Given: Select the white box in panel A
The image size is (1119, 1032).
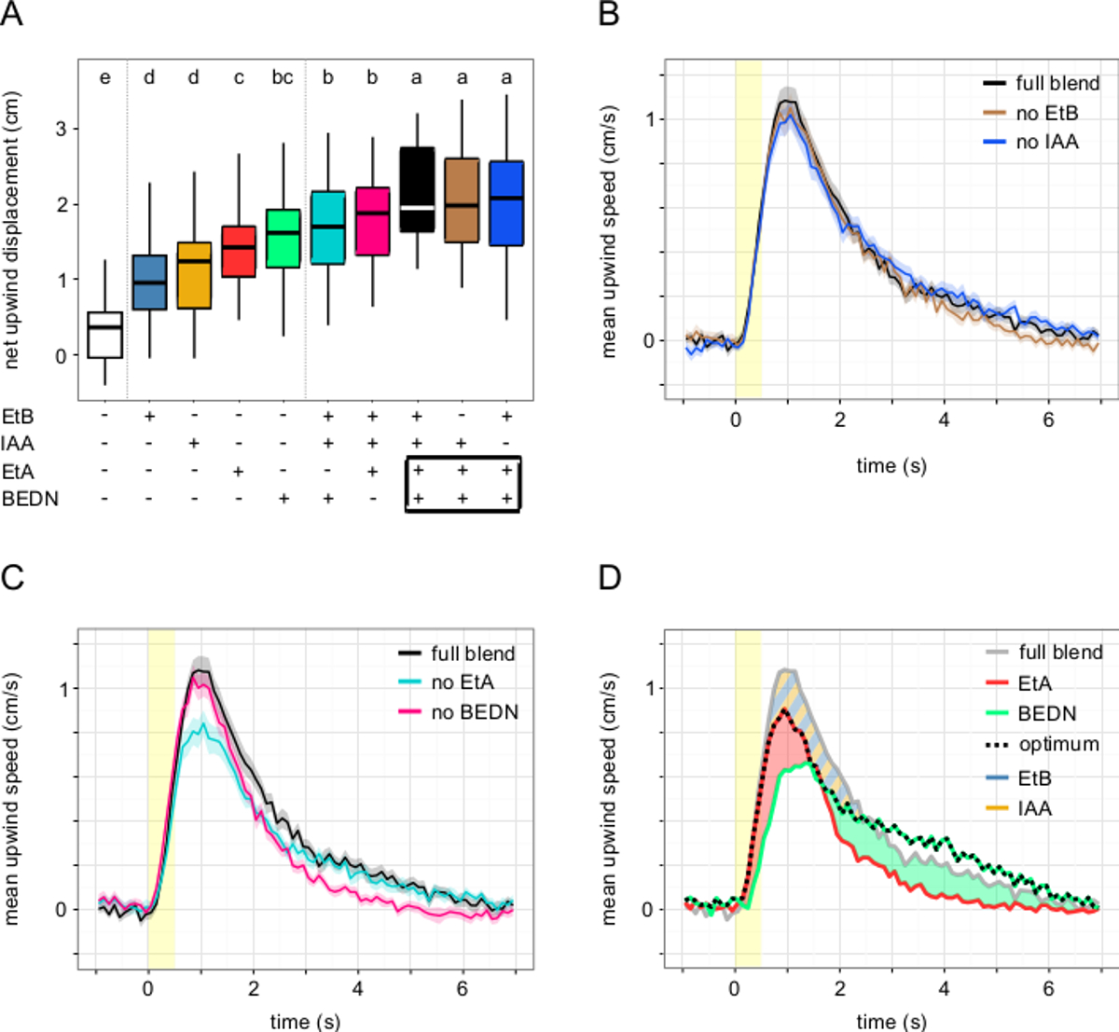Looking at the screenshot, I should [104, 335].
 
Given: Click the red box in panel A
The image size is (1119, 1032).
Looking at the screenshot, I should [239, 251].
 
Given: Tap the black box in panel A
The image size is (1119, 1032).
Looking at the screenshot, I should [417, 189].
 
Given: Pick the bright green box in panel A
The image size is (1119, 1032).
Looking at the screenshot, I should [283, 238].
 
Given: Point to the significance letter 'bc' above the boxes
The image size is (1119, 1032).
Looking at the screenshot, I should [283, 77].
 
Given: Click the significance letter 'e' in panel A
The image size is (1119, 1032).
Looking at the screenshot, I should [104, 77].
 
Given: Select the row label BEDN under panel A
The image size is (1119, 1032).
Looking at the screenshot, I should [30, 499].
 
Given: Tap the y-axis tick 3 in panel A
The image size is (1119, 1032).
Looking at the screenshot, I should [62, 129].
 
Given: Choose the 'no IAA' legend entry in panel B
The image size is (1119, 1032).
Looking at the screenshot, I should [1047, 143].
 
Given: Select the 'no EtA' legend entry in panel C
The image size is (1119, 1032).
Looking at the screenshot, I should [463, 682].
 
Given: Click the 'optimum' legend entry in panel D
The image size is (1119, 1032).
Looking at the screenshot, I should [1058, 745].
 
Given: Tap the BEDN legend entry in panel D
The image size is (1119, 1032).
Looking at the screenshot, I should [1047, 713].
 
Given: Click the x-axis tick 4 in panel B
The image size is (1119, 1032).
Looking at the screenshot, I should [944, 420].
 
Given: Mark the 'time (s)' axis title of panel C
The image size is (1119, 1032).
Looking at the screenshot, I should [305, 1022].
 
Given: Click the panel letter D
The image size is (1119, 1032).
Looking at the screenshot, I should [609, 578].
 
